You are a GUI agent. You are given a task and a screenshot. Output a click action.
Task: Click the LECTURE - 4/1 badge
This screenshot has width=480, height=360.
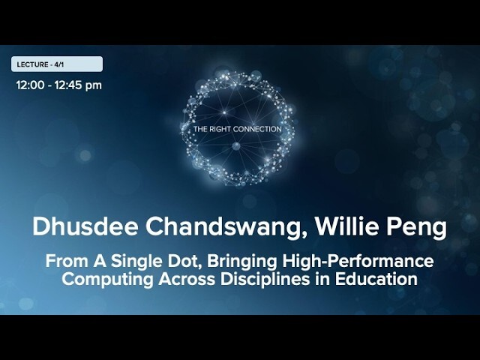[x=57, y=64]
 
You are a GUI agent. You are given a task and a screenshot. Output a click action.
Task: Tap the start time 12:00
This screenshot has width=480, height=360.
[x=30, y=85]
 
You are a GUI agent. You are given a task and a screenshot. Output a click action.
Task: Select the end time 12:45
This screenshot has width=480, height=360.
[x=68, y=85]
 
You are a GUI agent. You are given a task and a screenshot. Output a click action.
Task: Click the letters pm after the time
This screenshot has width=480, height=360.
[x=94, y=86]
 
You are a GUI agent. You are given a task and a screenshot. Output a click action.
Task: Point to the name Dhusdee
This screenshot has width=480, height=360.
[x=85, y=226]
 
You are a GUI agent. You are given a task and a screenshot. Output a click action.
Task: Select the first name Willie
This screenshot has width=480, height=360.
[x=346, y=226]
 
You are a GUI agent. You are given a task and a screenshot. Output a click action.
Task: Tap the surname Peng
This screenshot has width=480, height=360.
[x=417, y=228]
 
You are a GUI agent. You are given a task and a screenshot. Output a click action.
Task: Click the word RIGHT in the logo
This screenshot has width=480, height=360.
[x=220, y=129]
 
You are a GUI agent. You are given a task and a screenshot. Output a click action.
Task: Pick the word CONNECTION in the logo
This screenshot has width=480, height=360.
[x=256, y=129]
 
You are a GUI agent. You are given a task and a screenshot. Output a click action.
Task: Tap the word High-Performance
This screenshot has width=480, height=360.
[x=358, y=262]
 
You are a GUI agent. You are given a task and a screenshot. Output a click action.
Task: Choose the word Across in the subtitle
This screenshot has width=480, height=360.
[x=187, y=280]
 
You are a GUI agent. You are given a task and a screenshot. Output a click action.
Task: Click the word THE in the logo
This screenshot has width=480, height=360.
[x=200, y=129]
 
